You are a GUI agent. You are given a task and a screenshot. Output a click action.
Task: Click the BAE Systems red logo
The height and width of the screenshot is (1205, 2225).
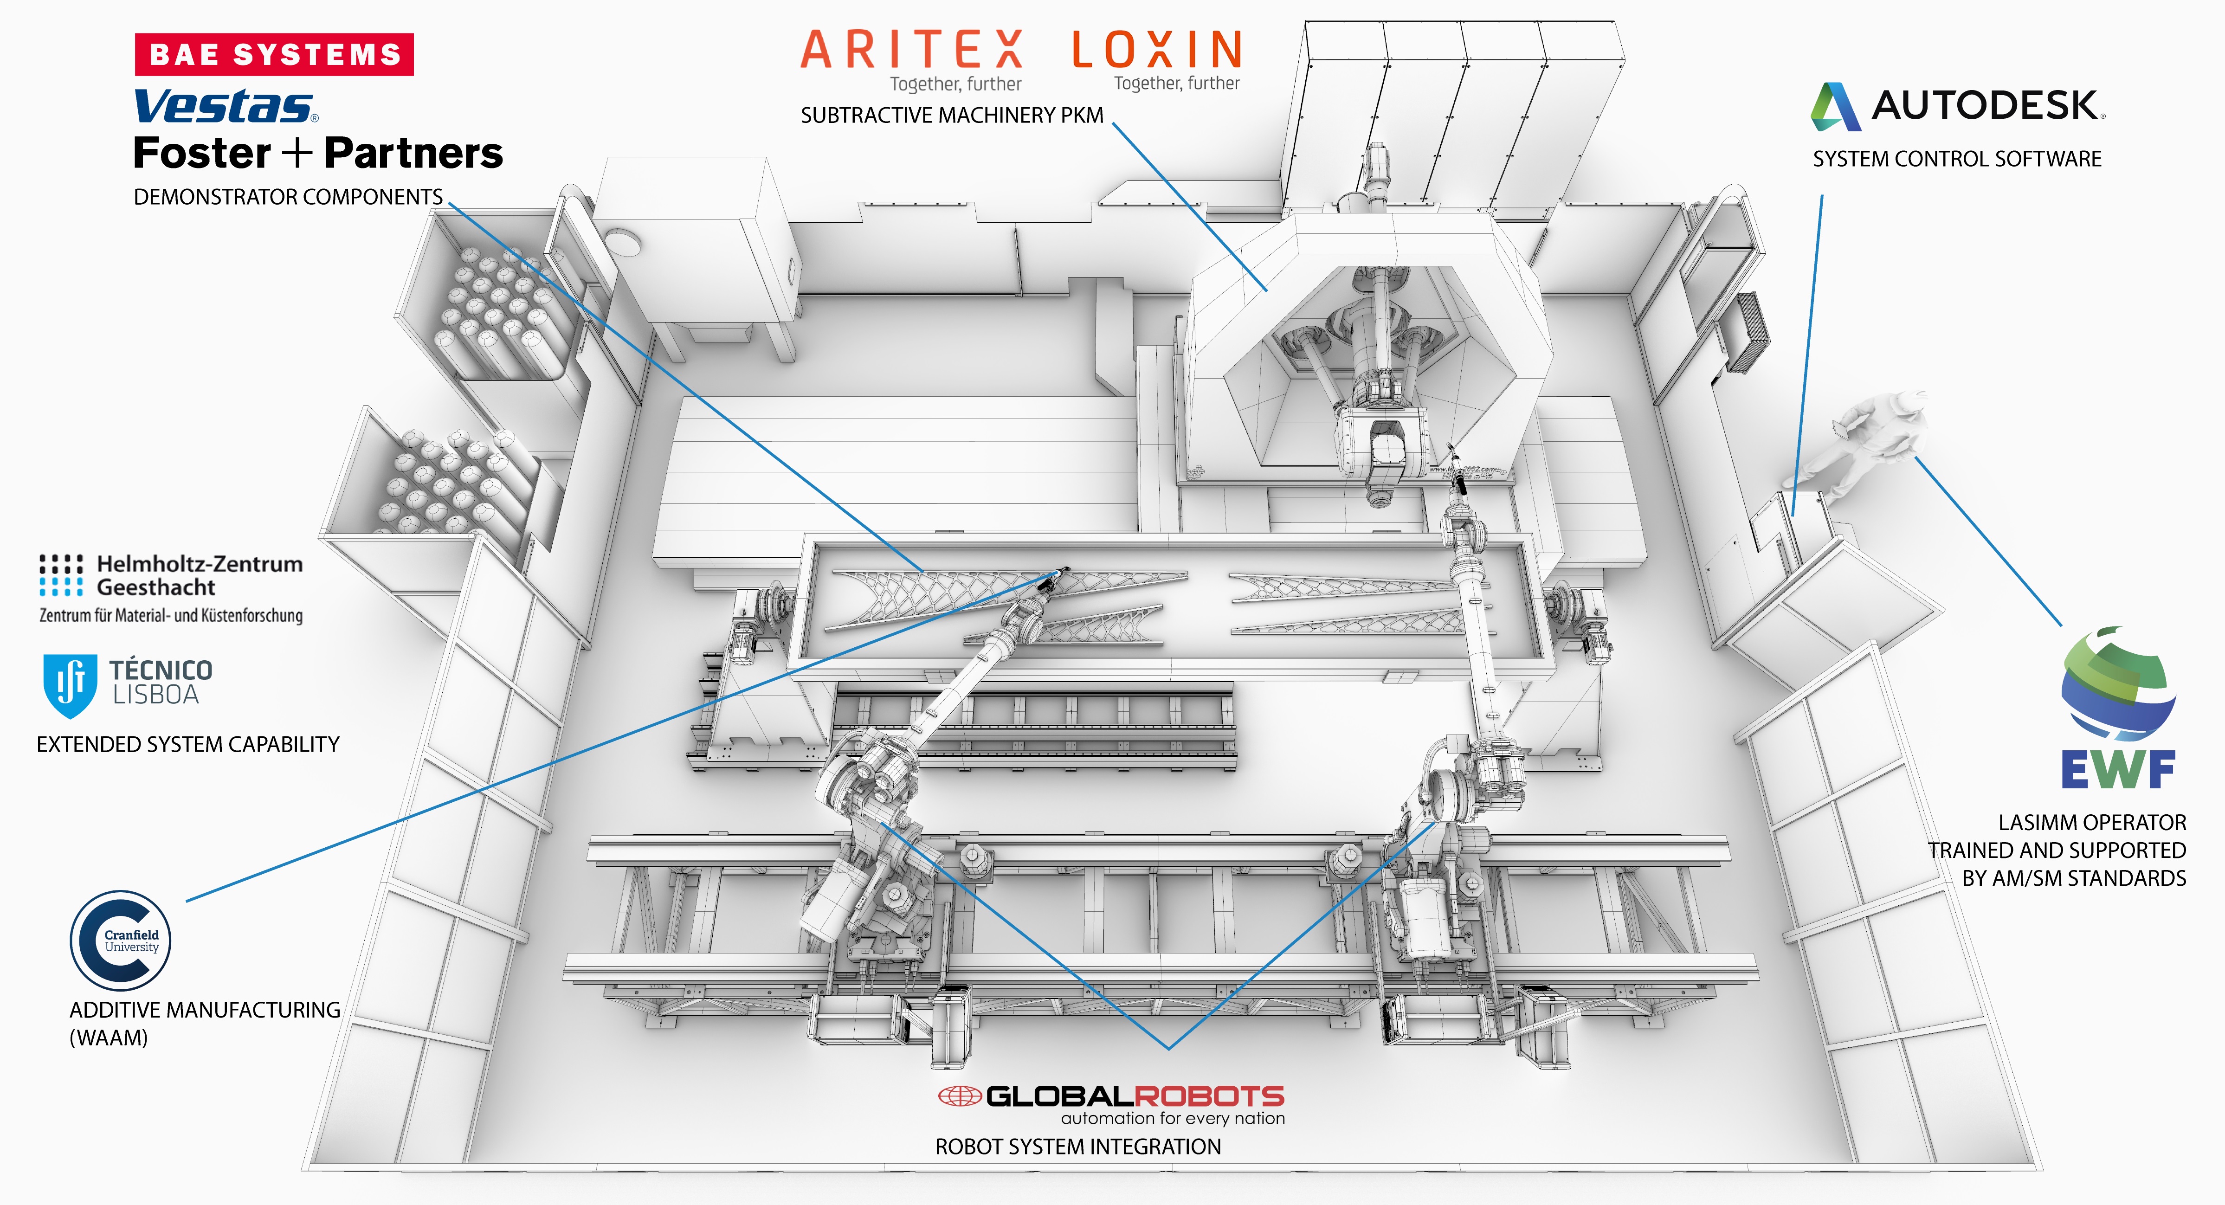click(x=274, y=54)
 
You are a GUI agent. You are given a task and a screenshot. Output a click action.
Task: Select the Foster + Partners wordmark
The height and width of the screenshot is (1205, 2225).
click(x=318, y=153)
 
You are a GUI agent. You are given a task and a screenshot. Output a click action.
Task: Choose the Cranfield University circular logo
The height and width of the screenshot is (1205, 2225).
click(x=121, y=940)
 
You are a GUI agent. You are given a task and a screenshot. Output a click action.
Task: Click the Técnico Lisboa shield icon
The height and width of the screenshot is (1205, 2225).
click(x=69, y=684)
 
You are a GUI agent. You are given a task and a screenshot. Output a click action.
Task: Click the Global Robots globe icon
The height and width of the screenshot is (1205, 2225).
click(x=960, y=1096)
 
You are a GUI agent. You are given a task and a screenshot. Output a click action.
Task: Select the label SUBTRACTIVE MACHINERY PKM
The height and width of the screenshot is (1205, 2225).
click(x=952, y=115)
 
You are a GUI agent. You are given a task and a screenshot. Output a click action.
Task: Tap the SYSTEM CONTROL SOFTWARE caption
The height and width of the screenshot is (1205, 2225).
click(x=1956, y=159)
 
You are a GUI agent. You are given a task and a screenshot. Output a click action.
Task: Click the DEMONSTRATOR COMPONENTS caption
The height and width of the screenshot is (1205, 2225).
click(x=288, y=197)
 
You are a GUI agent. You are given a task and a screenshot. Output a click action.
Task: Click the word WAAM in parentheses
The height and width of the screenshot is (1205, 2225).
click(x=109, y=1037)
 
